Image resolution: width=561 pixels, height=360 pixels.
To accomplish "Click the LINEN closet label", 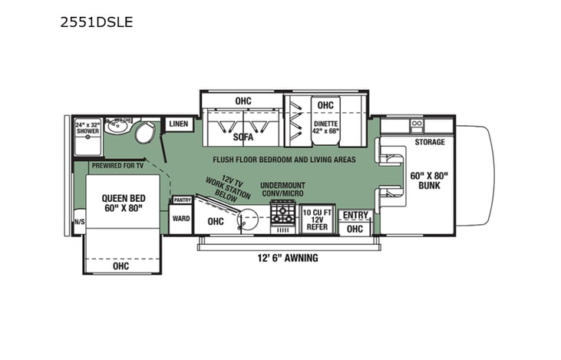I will point(178,124).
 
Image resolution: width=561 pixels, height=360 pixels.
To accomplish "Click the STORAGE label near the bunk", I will point(430,143).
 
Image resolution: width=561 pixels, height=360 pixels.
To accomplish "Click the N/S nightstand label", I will point(79,223).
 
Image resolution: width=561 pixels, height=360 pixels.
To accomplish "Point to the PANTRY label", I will point(182,200).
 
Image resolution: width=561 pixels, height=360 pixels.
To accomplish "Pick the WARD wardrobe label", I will point(181,219).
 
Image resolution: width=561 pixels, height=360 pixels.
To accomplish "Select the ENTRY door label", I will point(355,215).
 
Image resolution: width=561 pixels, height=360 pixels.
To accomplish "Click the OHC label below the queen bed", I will point(120,266).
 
